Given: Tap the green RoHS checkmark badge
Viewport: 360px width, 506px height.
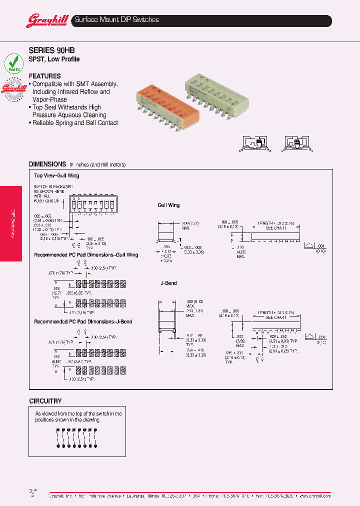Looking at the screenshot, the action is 13,63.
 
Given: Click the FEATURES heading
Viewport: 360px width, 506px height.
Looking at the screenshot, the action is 45,76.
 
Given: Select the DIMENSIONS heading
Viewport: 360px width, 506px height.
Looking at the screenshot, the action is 47,164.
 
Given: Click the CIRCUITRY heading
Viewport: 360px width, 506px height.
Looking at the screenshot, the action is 45,401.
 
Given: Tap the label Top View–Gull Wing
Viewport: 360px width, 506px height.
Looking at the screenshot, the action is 56,176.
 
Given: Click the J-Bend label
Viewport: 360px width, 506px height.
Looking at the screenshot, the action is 168,283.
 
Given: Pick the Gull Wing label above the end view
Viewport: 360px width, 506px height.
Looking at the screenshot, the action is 168,205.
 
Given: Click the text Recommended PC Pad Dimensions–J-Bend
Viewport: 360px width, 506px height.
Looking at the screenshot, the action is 83,322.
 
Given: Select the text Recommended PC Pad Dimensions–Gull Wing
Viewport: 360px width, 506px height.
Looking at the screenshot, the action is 86,255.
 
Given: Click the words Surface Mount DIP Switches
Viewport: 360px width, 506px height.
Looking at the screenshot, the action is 116,20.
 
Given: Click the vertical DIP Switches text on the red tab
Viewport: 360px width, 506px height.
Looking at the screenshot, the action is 13,223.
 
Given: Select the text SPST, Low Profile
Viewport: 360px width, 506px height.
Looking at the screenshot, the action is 54,59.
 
